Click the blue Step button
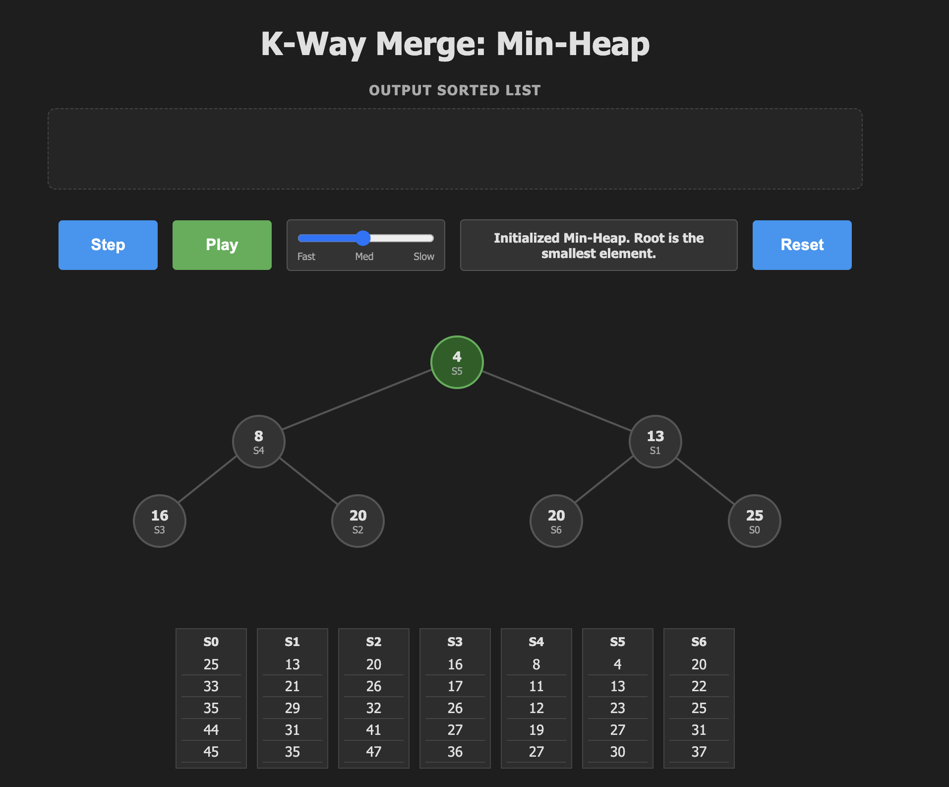coord(108,245)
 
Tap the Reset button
coord(802,245)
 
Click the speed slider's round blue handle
coord(363,238)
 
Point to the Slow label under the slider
coord(423,257)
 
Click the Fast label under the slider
coord(306,257)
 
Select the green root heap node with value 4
coord(457,362)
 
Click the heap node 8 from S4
coord(258,442)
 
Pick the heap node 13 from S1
coord(655,442)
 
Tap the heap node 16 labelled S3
coord(159,521)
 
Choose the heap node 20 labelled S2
coord(357,521)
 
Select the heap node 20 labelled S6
coord(556,521)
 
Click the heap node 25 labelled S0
coord(754,521)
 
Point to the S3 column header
coord(455,642)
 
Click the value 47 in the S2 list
coord(373,752)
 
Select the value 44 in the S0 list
coord(211,730)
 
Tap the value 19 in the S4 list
coord(536,730)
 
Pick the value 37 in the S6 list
coord(699,752)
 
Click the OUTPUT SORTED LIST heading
coord(455,90)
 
